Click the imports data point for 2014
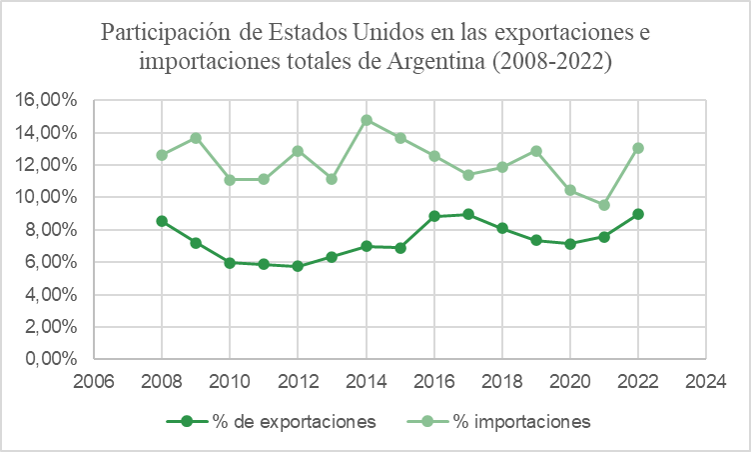pyautogui.click(x=367, y=120)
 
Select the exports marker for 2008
pyautogui.click(x=162, y=221)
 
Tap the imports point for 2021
pyautogui.click(x=604, y=204)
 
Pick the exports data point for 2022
pyautogui.click(x=638, y=214)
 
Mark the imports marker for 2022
pyautogui.click(x=638, y=148)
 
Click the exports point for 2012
pyautogui.click(x=298, y=266)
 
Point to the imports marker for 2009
pyautogui.click(x=196, y=138)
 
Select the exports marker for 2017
pyautogui.click(x=468, y=214)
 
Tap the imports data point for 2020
pyautogui.click(x=570, y=190)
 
